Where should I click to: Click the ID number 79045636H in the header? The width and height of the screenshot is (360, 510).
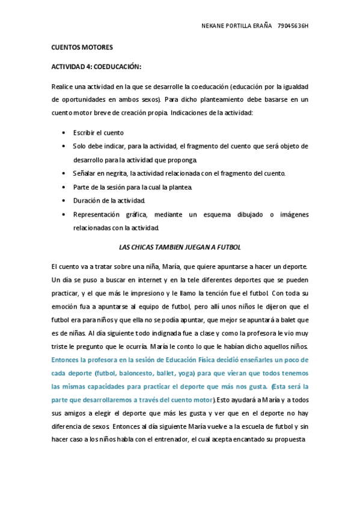click(x=294, y=26)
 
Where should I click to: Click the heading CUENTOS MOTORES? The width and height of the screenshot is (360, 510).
click(x=82, y=47)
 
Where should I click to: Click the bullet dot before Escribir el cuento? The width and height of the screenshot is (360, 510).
click(x=64, y=133)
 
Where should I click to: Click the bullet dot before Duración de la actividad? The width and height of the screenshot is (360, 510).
click(x=64, y=200)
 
